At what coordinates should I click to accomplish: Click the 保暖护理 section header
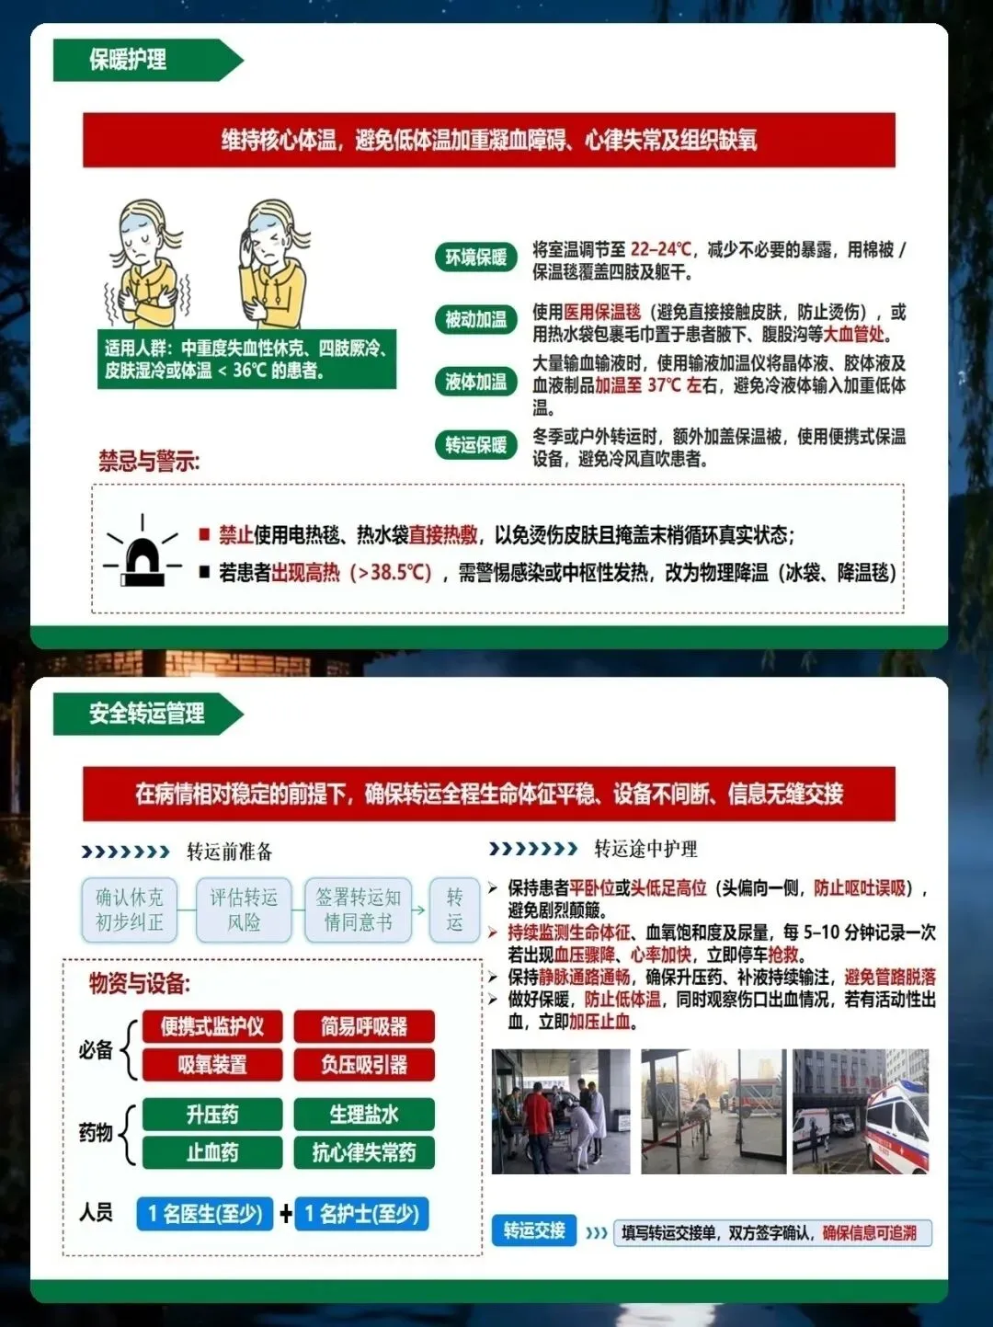tap(148, 60)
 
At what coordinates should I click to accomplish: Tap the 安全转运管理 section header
tap(148, 714)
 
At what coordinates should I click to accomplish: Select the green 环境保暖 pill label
tap(475, 257)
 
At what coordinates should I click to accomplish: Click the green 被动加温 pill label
tap(475, 319)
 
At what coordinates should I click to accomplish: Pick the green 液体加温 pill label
tap(475, 382)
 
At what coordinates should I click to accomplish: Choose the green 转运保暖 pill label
tap(475, 445)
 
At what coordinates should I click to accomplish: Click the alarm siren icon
tap(143, 552)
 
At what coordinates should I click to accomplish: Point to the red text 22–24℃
tap(660, 250)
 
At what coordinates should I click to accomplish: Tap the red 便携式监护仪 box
tap(212, 1026)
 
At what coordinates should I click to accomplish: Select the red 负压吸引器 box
tap(364, 1065)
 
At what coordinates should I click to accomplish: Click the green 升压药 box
tap(212, 1115)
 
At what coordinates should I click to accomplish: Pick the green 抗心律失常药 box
tap(364, 1152)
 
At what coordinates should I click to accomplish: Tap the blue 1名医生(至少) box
tap(205, 1213)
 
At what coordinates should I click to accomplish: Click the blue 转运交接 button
tap(534, 1230)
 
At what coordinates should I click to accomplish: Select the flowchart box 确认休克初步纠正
tap(130, 909)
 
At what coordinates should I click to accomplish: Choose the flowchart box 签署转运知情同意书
tap(359, 909)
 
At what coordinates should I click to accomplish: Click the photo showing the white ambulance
tap(861, 1111)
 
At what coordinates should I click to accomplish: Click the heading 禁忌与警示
tap(149, 462)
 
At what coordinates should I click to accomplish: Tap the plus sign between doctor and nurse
tap(285, 1213)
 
